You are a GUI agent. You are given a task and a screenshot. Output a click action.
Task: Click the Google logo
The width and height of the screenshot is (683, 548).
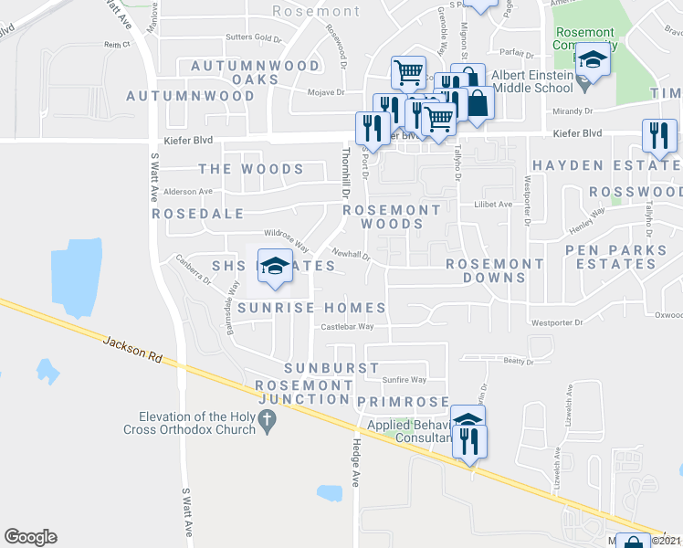(30, 537)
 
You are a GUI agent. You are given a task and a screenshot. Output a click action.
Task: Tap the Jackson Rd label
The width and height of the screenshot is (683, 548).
(132, 350)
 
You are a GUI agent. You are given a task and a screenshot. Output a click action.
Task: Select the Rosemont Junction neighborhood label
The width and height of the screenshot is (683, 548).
(304, 392)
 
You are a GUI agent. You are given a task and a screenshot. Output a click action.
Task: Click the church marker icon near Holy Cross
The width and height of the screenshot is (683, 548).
(267, 421)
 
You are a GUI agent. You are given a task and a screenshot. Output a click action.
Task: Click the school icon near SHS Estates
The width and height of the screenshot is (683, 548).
(275, 266)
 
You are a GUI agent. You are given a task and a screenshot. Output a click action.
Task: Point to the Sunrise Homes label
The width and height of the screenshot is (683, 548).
(311, 308)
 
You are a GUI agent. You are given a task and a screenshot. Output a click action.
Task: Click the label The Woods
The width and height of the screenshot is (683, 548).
(251, 169)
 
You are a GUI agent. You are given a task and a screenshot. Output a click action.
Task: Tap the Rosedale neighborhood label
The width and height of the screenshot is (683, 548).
(198, 213)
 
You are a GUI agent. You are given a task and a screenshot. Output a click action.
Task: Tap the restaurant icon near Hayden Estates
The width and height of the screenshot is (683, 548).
(658, 136)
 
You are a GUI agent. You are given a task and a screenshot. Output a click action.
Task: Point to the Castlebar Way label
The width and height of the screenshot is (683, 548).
(346, 326)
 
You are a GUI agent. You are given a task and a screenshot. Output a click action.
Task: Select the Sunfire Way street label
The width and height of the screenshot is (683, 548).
(404, 379)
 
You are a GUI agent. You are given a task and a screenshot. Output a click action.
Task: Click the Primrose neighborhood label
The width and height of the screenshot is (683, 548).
(403, 402)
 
